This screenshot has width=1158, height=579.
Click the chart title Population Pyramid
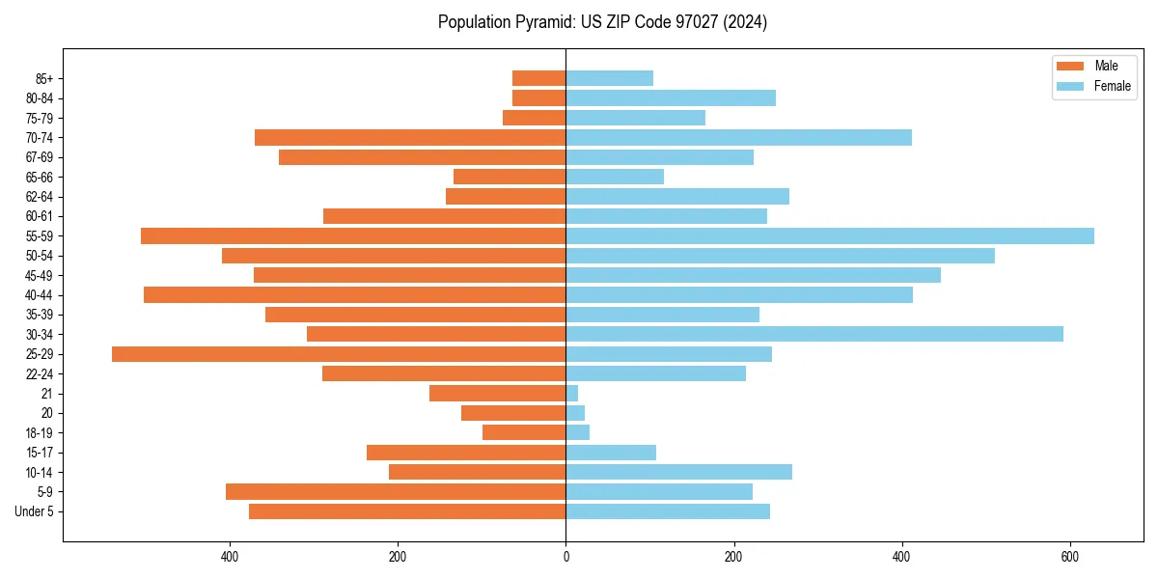[x=602, y=22]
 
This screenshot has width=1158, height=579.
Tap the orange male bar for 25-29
[x=339, y=354]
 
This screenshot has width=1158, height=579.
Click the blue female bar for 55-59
[x=830, y=235]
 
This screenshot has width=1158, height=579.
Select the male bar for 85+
[x=538, y=78]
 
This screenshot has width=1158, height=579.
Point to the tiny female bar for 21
[x=572, y=394]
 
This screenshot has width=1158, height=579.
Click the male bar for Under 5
[x=407, y=511]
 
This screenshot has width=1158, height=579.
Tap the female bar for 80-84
[x=671, y=97]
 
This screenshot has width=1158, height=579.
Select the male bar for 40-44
[x=354, y=294]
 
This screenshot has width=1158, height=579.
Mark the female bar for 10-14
[x=678, y=472]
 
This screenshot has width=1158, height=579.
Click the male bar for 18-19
[x=524, y=432]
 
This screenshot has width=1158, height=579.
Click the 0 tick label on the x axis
[x=565, y=557]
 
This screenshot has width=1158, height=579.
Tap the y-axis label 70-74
[x=40, y=138]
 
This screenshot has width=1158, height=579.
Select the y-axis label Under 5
[x=34, y=511]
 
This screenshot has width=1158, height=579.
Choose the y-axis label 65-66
[x=40, y=177]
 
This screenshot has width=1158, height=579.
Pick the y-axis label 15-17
[x=40, y=453]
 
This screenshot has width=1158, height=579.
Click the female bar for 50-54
[x=780, y=256]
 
